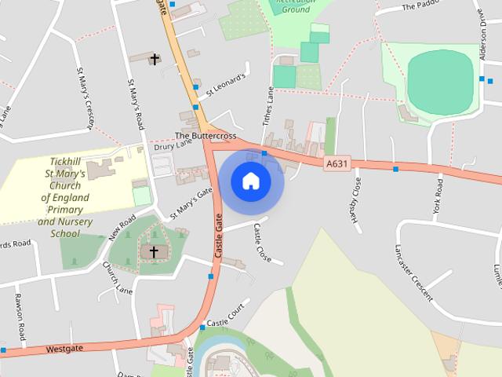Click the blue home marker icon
click(251, 181)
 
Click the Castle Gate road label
click(220, 239)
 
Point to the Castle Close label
click(261, 243)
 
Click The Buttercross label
click(206, 135)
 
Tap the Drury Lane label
click(173, 145)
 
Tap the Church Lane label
click(118, 278)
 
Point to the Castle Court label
click(227, 317)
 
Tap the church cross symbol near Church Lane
click(154, 252)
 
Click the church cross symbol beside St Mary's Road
click(155, 59)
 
